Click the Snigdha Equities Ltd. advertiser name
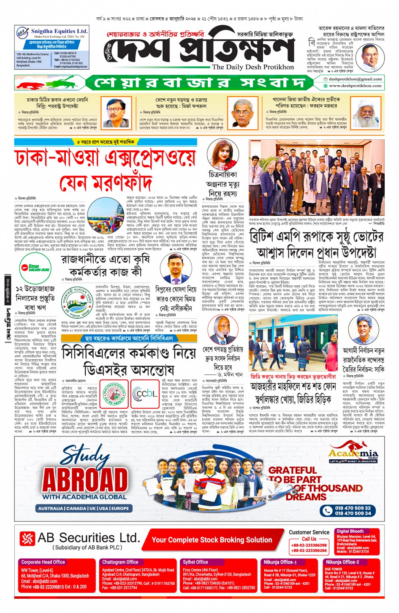tap(59, 31)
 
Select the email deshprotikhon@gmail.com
tap(355, 79)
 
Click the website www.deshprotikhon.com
tap(355, 86)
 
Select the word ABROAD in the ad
tap(85, 480)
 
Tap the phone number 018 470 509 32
tap(353, 508)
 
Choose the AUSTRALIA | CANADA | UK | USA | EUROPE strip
tap(84, 508)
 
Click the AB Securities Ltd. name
tap(89, 538)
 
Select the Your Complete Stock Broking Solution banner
tap(212, 540)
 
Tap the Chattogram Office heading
tap(120, 562)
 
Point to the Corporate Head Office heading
tap(43, 562)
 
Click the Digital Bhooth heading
tap(350, 531)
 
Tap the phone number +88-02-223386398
tap(309, 545)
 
